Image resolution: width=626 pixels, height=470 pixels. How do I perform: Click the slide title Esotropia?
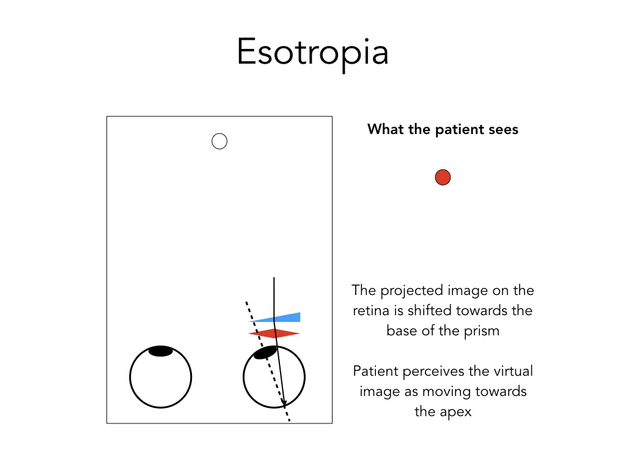[312, 53]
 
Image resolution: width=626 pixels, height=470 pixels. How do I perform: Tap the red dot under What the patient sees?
[443, 177]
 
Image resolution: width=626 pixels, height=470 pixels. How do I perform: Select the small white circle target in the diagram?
[219, 141]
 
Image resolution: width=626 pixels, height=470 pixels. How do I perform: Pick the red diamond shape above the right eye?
[274, 333]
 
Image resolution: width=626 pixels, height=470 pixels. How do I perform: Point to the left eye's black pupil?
[161, 351]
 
